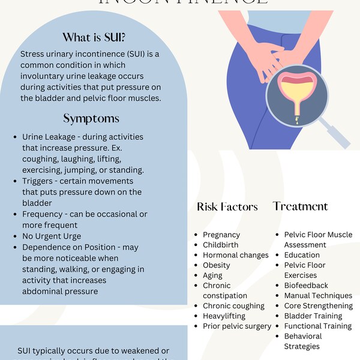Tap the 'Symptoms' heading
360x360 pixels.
91,118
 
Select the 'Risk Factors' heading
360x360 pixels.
227,207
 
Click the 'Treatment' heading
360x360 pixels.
300,206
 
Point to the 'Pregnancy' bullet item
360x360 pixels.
221,235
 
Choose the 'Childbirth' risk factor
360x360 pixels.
220,245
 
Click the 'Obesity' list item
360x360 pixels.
217,265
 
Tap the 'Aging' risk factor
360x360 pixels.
212,275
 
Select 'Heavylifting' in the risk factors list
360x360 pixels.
224,316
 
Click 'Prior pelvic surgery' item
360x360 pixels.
237,326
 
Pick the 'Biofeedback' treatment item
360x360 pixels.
306,286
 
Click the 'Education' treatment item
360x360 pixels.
302,255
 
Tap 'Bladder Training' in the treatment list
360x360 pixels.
313,316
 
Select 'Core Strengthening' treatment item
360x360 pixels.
318,306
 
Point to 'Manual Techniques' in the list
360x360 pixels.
318,296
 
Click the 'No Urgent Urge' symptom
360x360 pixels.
52,236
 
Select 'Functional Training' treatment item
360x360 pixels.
317,326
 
